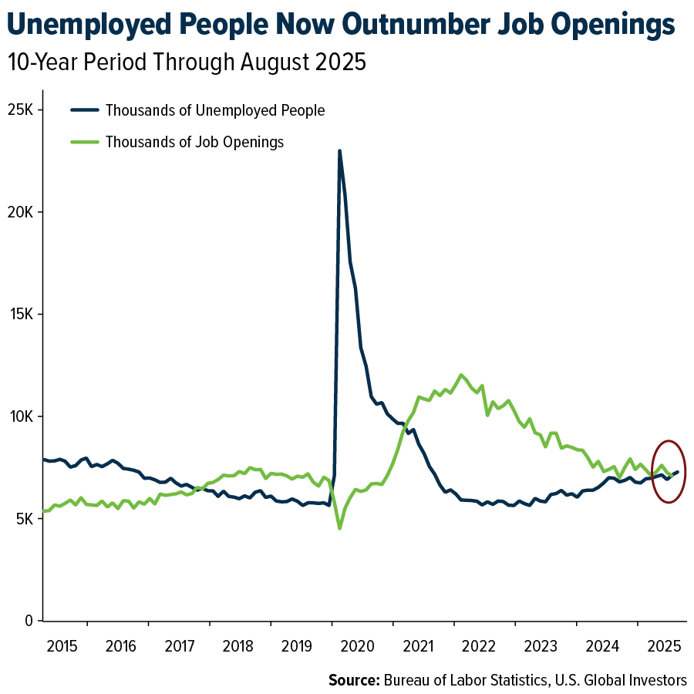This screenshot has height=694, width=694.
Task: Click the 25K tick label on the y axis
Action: point(20,109)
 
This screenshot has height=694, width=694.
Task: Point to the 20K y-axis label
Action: point(20,212)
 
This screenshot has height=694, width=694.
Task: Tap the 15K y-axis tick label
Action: point(20,315)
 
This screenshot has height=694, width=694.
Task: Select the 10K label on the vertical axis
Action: point(20,416)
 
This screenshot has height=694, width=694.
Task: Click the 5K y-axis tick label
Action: point(23,519)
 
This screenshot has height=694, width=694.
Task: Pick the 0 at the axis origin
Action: point(29,621)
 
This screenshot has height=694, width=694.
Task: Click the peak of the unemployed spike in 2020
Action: point(339,151)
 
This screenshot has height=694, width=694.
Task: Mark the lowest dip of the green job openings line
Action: point(339,528)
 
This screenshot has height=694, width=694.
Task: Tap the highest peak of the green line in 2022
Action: point(461,376)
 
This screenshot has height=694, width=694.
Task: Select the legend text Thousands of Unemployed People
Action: point(215,110)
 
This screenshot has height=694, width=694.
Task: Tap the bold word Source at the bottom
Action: point(352,679)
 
